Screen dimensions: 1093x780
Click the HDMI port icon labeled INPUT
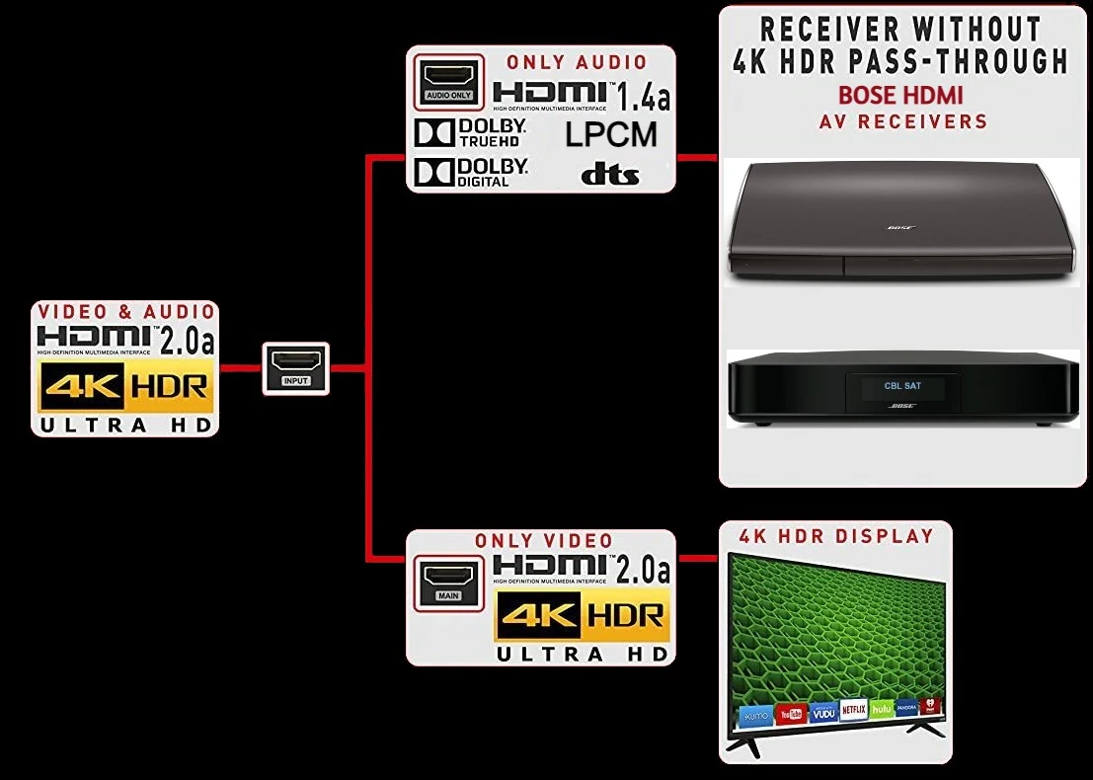(x=295, y=368)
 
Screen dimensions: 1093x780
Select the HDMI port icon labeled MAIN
(x=448, y=582)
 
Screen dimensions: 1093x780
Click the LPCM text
(x=611, y=135)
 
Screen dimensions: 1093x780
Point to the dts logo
(x=609, y=175)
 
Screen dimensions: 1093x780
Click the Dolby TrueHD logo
(x=471, y=133)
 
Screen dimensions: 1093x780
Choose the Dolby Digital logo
(x=471, y=172)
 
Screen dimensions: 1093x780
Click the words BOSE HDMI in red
(x=900, y=96)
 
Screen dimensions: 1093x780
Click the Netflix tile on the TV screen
(x=852, y=710)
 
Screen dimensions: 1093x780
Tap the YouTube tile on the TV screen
(x=789, y=713)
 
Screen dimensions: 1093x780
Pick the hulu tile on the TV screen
(x=881, y=709)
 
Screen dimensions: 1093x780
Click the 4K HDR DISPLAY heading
(x=836, y=536)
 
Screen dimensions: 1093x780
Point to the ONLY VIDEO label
(x=543, y=541)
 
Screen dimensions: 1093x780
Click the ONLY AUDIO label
(x=577, y=62)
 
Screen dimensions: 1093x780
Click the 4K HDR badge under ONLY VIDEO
(x=581, y=617)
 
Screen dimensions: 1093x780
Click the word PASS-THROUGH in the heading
(x=956, y=61)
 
